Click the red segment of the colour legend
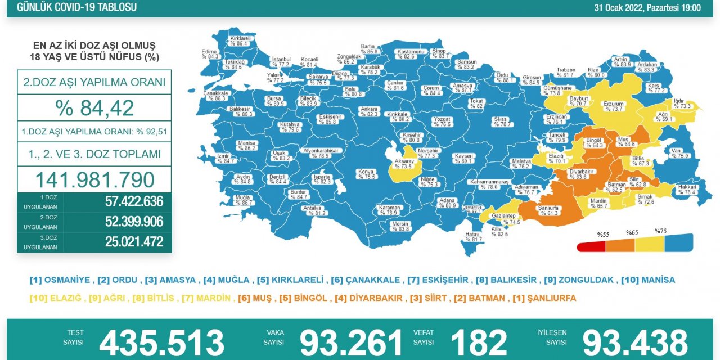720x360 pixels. pos(591,246)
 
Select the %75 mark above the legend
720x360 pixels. pos(660,231)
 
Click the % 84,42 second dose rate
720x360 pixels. pos(94,107)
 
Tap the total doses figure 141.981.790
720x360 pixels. pos(94,179)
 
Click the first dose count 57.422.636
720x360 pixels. pos(134,201)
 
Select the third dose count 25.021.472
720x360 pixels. pos(134,242)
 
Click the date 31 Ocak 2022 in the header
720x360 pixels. pos(648,8)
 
